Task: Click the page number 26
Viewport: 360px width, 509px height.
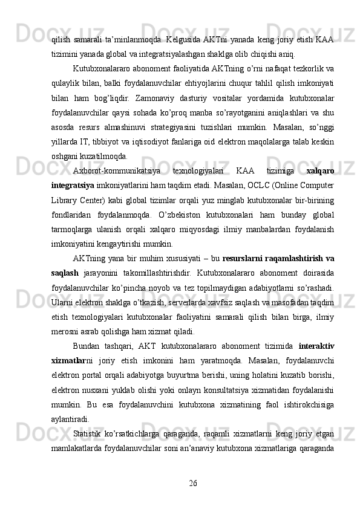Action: [192, 482]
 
